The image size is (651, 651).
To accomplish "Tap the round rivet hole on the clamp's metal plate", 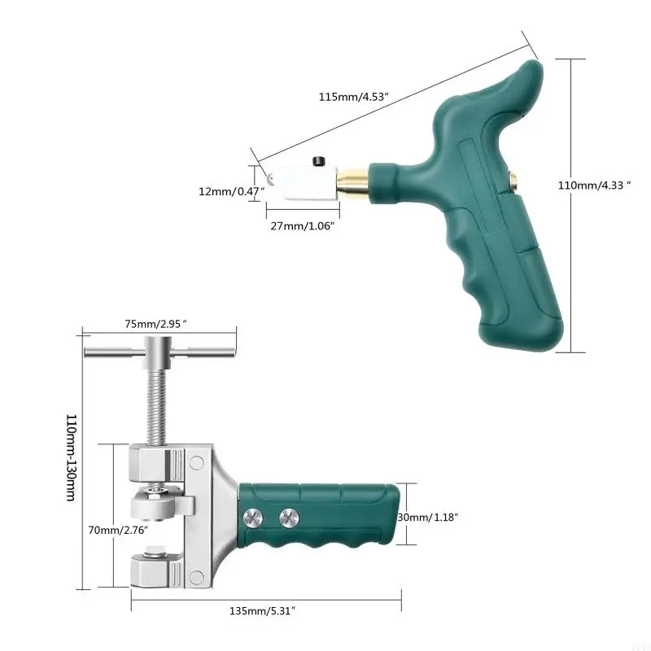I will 197,463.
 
